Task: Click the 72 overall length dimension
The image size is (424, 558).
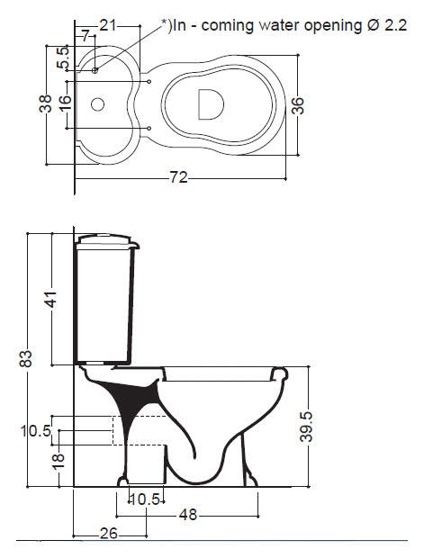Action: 179,177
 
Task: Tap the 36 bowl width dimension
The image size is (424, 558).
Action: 298,105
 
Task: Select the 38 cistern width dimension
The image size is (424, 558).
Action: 46,103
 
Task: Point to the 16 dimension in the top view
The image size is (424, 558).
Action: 66,103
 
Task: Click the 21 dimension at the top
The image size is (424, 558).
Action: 107,25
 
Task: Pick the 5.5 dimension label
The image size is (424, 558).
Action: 63,58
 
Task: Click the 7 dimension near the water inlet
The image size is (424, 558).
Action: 85,36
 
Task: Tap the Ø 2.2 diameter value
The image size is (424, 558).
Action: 386,25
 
